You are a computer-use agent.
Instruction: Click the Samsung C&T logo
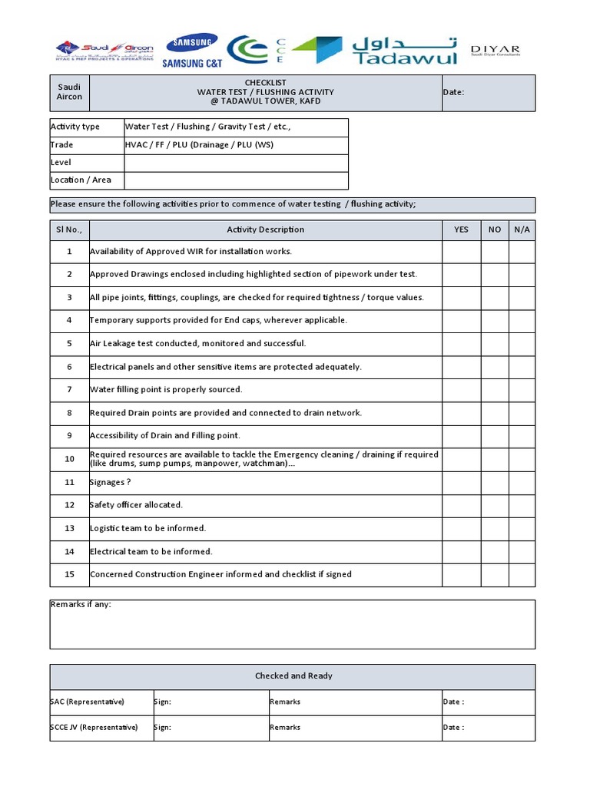[x=190, y=51]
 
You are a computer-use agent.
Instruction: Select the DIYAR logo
[x=495, y=51]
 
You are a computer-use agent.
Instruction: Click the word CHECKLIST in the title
[x=265, y=82]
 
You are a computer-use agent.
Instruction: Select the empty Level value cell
[x=236, y=163]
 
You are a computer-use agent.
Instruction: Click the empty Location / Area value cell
[x=236, y=180]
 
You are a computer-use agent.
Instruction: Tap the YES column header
[x=461, y=230]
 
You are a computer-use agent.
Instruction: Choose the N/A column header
[x=522, y=230]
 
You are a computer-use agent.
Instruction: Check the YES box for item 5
[x=461, y=344]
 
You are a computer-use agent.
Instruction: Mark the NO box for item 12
[x=495, y=505]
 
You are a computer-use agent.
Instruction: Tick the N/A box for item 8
[x=522, y=413]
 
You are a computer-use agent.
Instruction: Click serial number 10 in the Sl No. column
[x=69, y=459]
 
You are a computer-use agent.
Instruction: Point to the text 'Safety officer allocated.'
[x=136, y=505]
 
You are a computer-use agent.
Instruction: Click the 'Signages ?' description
[x=110, y=482]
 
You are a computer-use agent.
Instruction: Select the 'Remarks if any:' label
[x=81, y=605]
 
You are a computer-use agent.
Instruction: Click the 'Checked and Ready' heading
[x=293, y=676]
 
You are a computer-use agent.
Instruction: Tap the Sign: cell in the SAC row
[x=210, y=702]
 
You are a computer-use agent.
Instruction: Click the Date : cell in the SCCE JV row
[x=487, y=728]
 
